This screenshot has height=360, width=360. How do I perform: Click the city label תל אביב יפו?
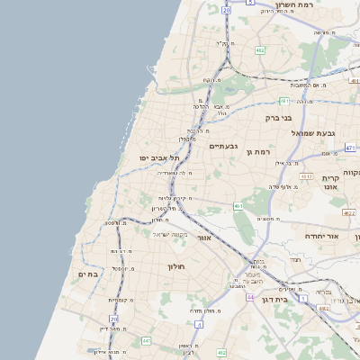[156, 158]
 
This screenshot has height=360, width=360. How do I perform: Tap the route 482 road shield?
[259, 51]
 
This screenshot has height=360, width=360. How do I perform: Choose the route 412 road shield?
[221, 353]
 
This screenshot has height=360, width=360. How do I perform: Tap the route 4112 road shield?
[306, 176]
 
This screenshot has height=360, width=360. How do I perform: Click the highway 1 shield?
[304, 298]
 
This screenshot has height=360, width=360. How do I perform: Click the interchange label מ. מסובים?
[265, 219]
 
